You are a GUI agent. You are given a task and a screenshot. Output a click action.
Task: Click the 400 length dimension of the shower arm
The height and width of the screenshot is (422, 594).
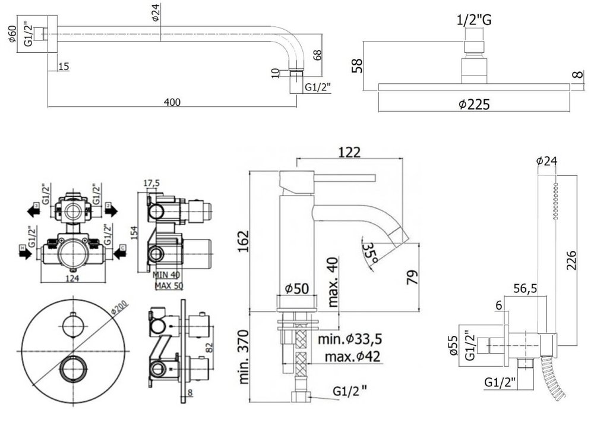point(172,102)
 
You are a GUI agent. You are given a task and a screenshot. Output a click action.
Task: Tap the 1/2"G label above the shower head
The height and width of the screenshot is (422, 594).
point(473,20)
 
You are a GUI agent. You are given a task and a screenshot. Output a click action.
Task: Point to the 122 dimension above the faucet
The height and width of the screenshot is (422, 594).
point(349,152)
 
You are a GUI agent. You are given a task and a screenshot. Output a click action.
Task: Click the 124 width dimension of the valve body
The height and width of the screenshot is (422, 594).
point(72,279)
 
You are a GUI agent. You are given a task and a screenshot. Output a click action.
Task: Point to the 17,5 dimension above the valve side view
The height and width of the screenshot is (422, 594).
point(153,183)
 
